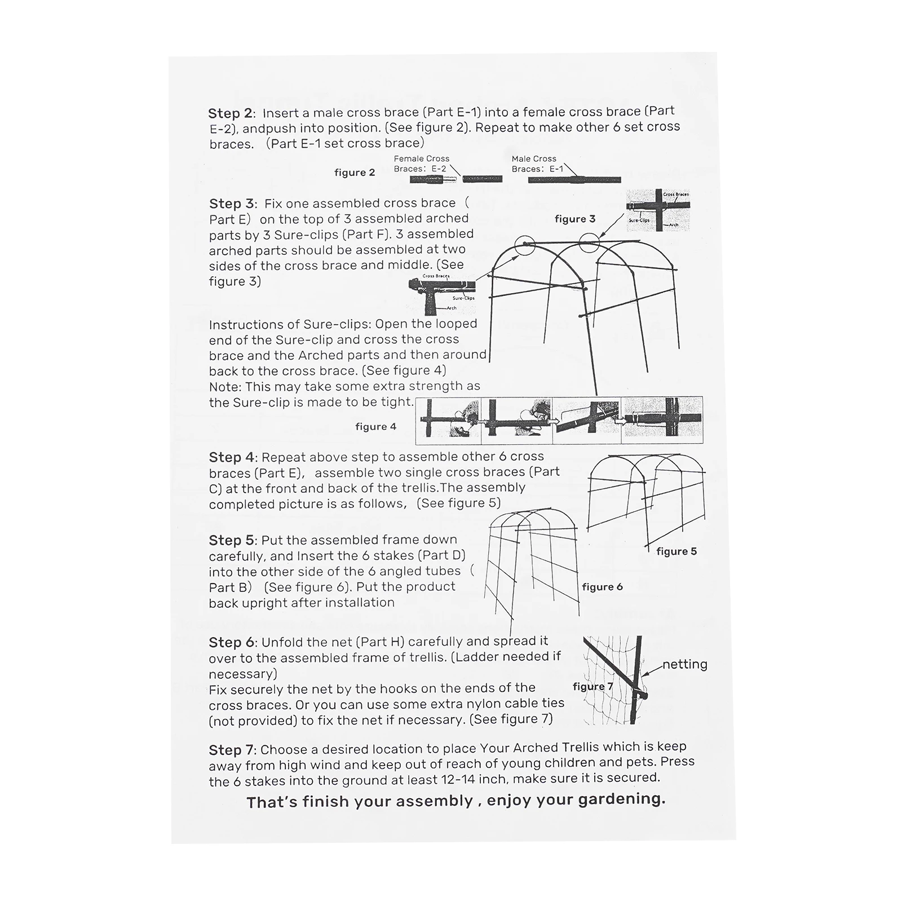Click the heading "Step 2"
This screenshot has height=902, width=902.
[231, 114]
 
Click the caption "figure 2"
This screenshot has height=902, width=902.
[355, 173]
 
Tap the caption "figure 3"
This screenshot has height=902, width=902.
[575, 219]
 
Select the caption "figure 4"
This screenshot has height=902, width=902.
[376, 427]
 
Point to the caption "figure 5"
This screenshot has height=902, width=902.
[676, 551]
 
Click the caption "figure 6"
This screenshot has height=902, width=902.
[602, 587]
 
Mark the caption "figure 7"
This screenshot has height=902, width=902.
[593, 686]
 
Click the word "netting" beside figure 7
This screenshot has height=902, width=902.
[684, 664]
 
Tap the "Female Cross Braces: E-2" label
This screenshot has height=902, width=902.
[421, 163]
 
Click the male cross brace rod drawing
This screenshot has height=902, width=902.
[574, 180]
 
